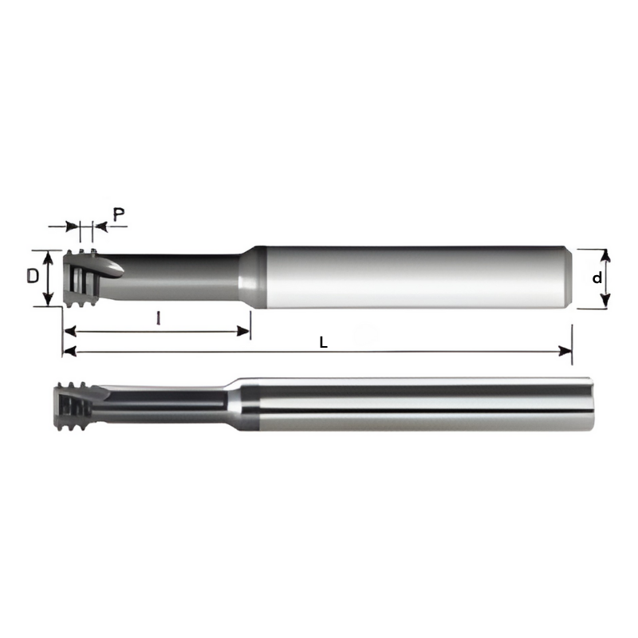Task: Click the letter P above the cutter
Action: [x=118, y=214]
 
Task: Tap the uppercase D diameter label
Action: [x=32, y=277]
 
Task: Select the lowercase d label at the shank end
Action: [x=596, y=278]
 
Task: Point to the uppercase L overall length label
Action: [x=323, y=342]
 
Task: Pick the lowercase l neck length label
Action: [x=159, y=319]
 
